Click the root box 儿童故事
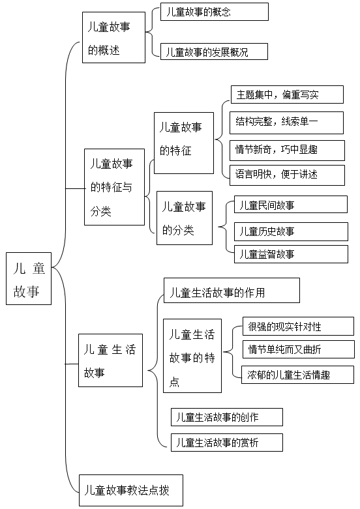coord(29,278)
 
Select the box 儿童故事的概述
coord(113,37)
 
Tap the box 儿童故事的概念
coord(215,12)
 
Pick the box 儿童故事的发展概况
coord(214,51)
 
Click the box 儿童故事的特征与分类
coord(114,187)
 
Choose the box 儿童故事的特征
coord(184,143)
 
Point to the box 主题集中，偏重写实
coord(287,95)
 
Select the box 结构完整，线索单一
coord(286,123)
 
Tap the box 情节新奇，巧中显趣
coord(287,151)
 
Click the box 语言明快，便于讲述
coord(287,175)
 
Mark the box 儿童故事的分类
coord(185,218)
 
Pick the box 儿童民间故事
coord(291,204)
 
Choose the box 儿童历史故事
coord(291,231)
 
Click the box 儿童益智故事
coord(291,254)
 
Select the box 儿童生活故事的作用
coord(232,290)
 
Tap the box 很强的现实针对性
coord(298,327)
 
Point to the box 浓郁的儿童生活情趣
coord(297,375)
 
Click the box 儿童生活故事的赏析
coord(227,442)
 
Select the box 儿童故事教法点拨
coord(131,490)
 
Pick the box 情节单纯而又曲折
coord(299,349)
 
